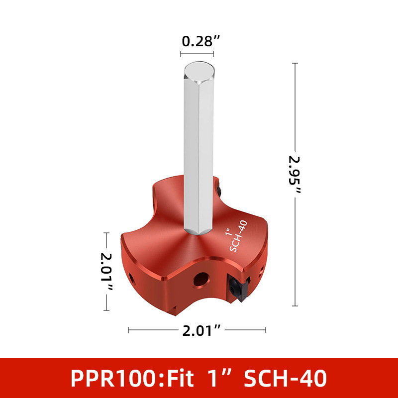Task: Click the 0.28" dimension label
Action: point(200,41)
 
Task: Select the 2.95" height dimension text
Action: point(295,175)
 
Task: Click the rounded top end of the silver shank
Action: point(199,71)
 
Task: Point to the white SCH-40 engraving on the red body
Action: point(239,235)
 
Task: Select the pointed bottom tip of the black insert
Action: point(241,302)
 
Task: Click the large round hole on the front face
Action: point(201,280)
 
